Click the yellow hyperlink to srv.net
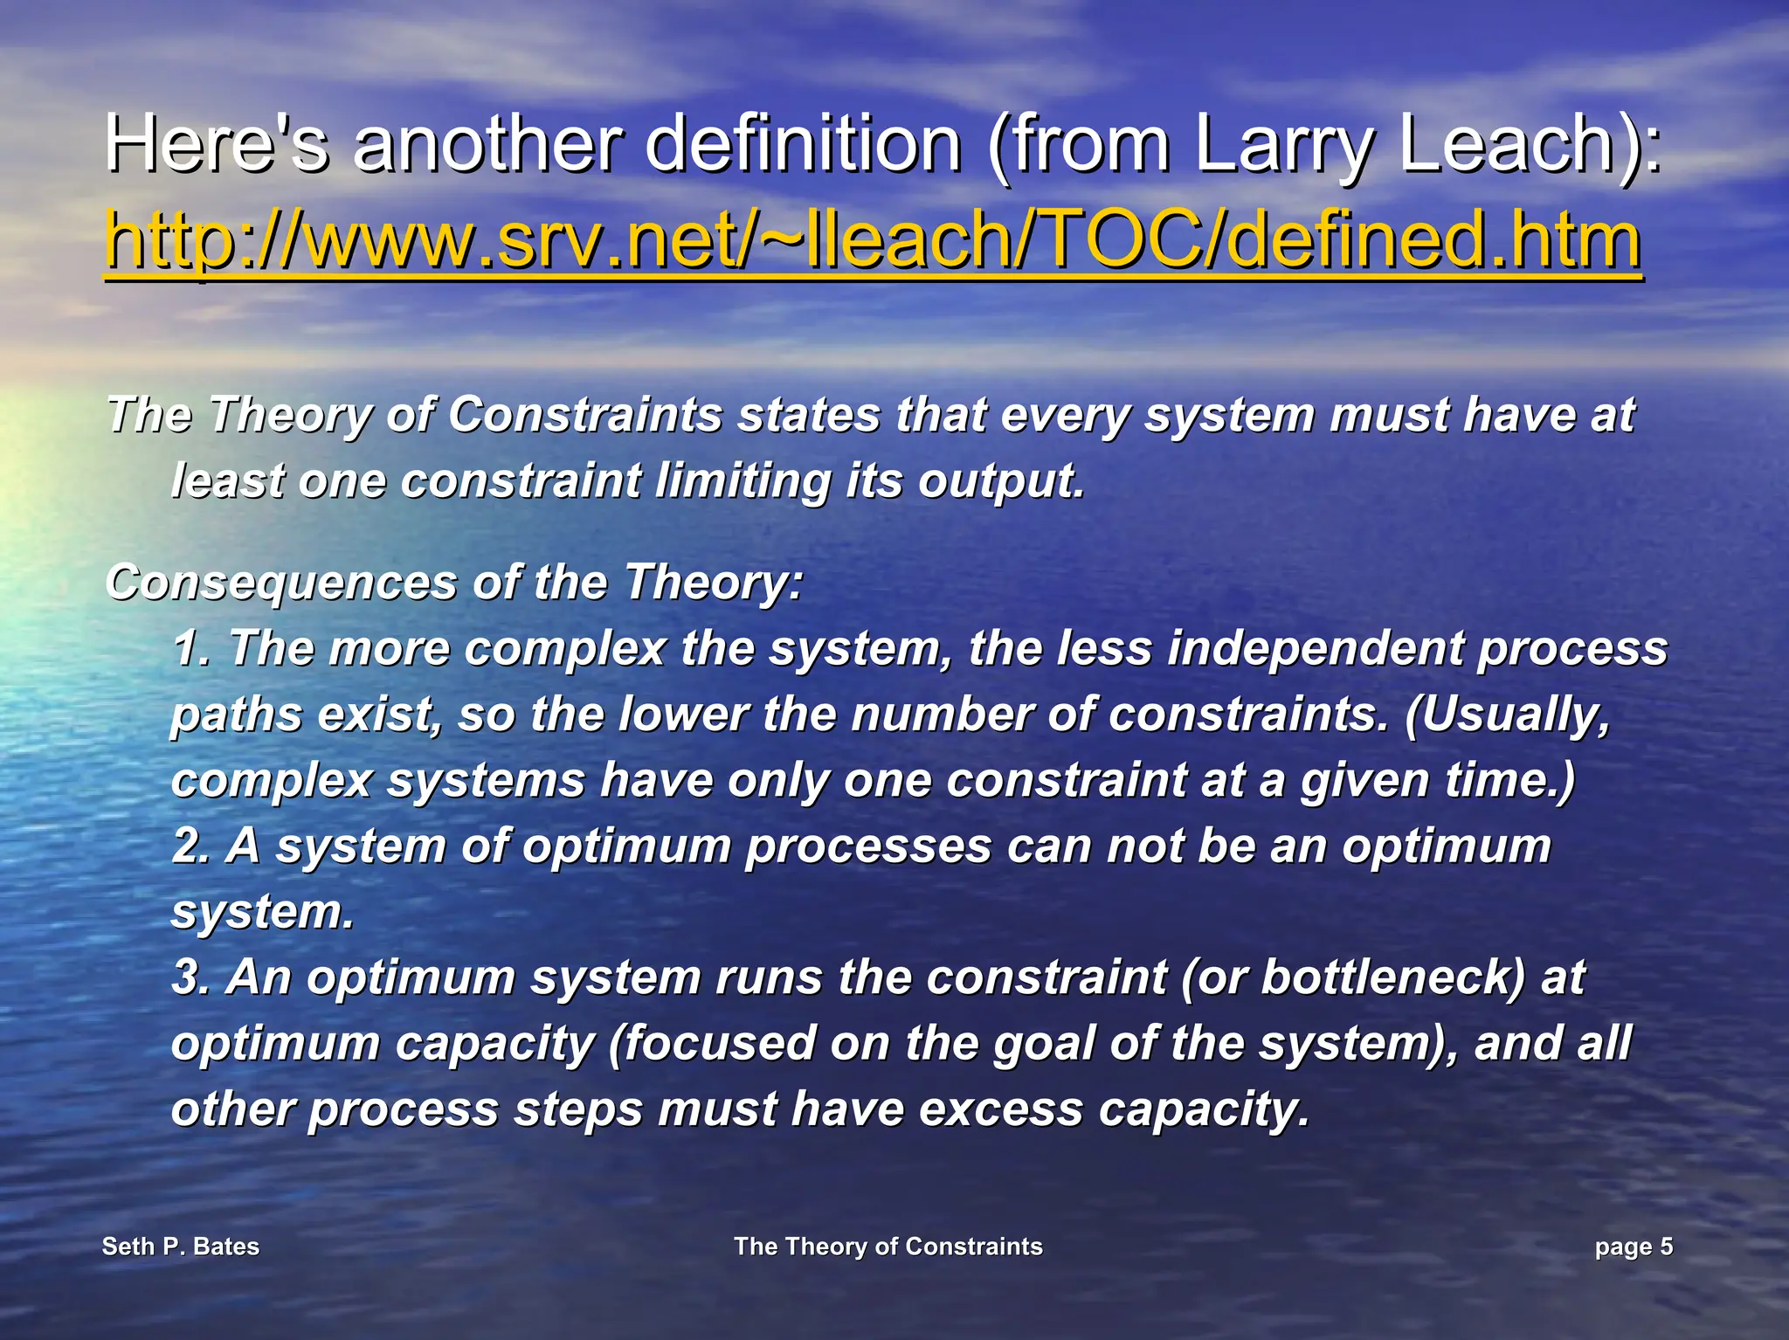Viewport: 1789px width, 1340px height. click(x=872, y=241)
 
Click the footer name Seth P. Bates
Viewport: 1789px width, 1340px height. click(x=181, y=1247)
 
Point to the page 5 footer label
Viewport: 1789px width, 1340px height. click(x=1633, y=1247)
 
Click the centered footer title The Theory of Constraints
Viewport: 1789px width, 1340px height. click(x=888, y=1247)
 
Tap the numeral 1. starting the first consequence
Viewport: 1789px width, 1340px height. click(x=190, y=649)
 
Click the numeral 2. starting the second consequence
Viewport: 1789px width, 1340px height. click(x=190, y=846)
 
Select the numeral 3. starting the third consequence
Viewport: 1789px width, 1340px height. click(x=190, y=977)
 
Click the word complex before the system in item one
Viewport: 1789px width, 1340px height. click(x=564, y=649)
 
